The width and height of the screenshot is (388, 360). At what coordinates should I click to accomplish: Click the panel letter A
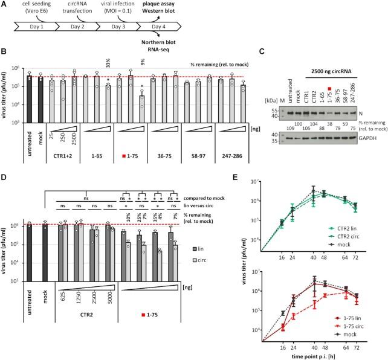pyautogui.click(x=4, y=5)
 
